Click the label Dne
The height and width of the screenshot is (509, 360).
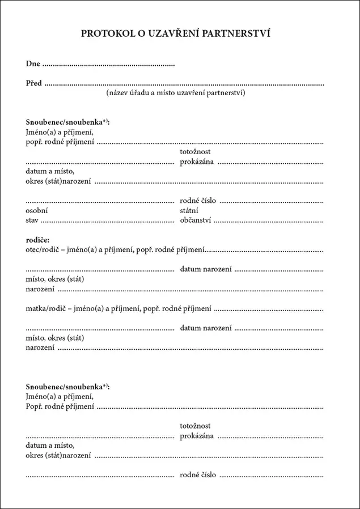click(33, 64)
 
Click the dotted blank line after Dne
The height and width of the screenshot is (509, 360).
click(108, 65)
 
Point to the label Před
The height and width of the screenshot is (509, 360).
click(34, 83)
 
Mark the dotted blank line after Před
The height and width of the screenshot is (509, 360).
click(184, 84)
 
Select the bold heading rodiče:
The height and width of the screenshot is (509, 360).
click(38, 240)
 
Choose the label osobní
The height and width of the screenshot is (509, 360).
click(37, 210)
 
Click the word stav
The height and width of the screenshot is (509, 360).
click(32, 220)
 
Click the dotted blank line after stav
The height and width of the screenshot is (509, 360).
click(108, 221)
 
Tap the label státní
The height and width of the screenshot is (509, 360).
click(190, 210)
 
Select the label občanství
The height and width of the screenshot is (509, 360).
click(196, 220)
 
